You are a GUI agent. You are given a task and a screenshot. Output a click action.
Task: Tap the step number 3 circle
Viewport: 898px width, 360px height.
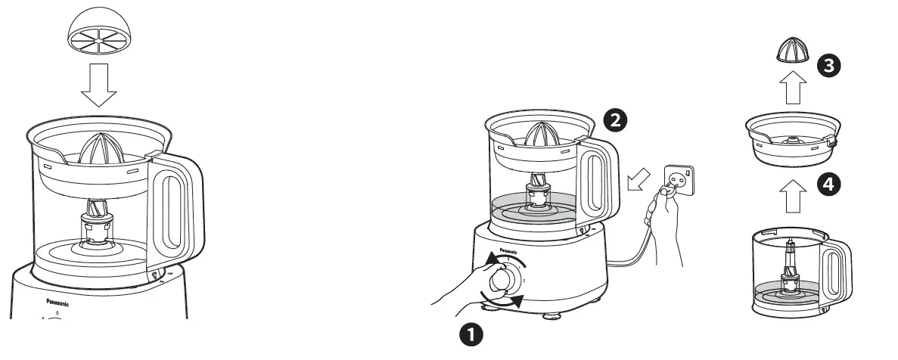click(x=828, y=65)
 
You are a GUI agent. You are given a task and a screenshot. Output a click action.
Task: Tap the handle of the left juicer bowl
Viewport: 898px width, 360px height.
click(x=179, y=208)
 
